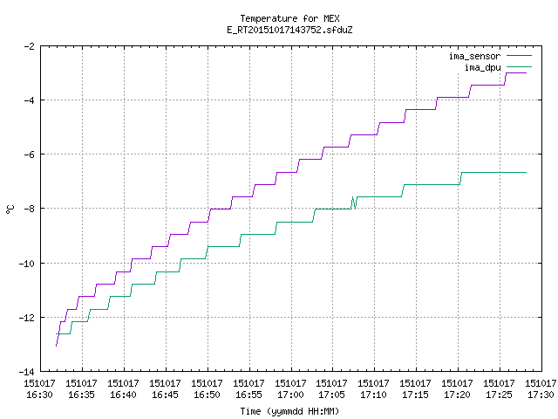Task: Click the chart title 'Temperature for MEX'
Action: [x=289, y=18]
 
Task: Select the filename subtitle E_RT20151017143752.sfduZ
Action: [x=289, y=30]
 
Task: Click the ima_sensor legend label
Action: [x=474, y=56]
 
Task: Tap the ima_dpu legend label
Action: [x=483, y=67]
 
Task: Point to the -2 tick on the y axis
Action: [x=29, y=46]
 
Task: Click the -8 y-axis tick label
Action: [x=29, y=209]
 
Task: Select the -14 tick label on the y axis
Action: [x=26, y=372]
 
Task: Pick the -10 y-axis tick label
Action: [x=26, y=264]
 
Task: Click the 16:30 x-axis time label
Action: [x=39, y=395]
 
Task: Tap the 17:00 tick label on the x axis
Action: [x=290, y=395]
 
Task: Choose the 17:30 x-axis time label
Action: [x=541, y=395]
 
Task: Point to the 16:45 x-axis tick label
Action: [x=165, y=395]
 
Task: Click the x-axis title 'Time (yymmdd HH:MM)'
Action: [x=289, y=411]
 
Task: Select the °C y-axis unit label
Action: [x=10, y=209]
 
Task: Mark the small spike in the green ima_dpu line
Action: [x=354, y=203]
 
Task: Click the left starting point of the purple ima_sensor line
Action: [x=56, y=346]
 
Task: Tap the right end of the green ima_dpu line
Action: [x=526, y=173]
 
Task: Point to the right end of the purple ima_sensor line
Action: [x=526, y=73]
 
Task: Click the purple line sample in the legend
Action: [x=520, y=56]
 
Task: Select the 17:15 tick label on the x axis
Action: [x=415, y=395]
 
